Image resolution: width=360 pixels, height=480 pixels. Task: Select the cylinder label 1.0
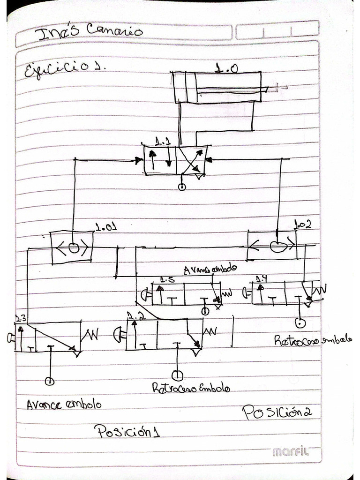[226, 68]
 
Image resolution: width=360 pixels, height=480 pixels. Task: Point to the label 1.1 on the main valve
[163, 141]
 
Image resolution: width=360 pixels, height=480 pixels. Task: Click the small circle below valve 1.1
[182, 187]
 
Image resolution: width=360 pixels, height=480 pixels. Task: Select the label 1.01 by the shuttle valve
[105, 228]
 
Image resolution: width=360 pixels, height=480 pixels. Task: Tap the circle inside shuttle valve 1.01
[74, 248]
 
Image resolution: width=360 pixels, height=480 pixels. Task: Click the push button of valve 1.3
[10, 337]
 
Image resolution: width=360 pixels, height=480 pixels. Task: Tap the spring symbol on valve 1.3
[91, 335]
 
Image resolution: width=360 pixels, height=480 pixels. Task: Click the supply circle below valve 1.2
[177, 375]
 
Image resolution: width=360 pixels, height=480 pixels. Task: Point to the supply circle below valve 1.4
[300, 322]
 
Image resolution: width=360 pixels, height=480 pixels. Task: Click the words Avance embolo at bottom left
[63, 404]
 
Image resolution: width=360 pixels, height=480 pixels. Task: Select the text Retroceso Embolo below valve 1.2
[191, 388]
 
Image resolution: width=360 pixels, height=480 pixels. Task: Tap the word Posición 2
[277, 412]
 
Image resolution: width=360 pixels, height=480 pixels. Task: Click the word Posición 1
[127, 431]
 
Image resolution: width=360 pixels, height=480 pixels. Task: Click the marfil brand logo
[291, 452]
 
